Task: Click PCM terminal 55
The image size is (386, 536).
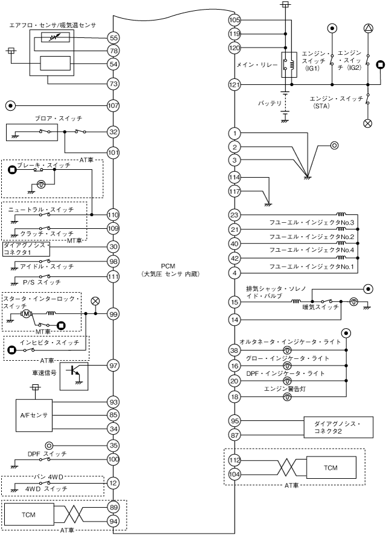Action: (x=113, y=37)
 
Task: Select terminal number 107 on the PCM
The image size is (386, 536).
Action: (x=113, y=105)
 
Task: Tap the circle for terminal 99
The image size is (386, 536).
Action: (x=113, y=314)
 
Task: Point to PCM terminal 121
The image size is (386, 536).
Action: (x=235, y=85)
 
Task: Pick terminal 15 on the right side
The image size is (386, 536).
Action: (x=235, y=302)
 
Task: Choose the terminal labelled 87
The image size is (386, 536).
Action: (x=235, y=435)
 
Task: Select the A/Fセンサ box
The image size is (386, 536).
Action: (x=33, y=416)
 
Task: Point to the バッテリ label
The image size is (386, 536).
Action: (x=270, y=103)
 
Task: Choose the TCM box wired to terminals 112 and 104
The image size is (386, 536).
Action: (x=331, y=467)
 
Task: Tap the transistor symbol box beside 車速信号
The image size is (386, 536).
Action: (x=74, y=376)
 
